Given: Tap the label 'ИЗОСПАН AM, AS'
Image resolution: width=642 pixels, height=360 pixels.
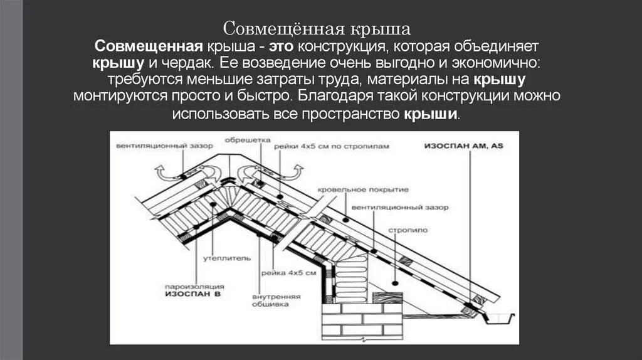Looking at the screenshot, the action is coord(463,146).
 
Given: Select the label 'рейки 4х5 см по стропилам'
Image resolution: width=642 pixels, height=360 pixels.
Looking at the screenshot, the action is coord(331,146).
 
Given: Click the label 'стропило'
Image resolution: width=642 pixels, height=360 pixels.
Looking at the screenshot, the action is coord(411,230).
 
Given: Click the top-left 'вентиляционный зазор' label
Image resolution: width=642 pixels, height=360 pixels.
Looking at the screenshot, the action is coord(164,146).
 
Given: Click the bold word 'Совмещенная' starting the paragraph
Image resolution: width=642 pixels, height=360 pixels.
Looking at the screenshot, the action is coord(148,48).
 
